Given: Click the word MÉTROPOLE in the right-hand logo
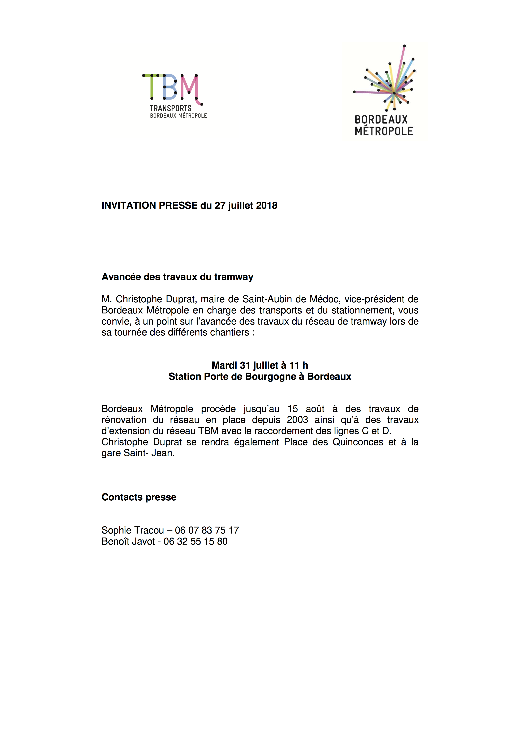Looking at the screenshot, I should coord(384,131).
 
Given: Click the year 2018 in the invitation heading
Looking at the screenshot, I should coord(267,205).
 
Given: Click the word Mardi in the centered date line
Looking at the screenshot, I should coord(224,365).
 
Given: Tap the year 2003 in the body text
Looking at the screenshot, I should coord(297,420).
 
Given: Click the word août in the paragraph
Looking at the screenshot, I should coord(315,409).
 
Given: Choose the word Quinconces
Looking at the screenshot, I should coord(358,442).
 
